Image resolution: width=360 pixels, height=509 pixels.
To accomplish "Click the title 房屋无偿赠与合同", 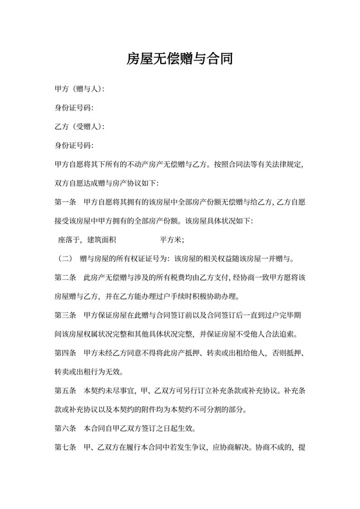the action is pyautogui.click(x=179, y=59).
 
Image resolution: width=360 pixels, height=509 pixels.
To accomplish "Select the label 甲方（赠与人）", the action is pyautogui.click(x=79, y=89).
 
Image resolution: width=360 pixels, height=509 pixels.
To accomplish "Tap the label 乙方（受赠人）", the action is pyautogui.click(x=79, y=126).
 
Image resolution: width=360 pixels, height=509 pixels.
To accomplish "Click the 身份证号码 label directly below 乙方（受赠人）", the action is pyautogui.click(x=74, y=145).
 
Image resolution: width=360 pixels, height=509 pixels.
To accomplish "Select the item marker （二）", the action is pyautogui.click(x=65, y=259).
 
